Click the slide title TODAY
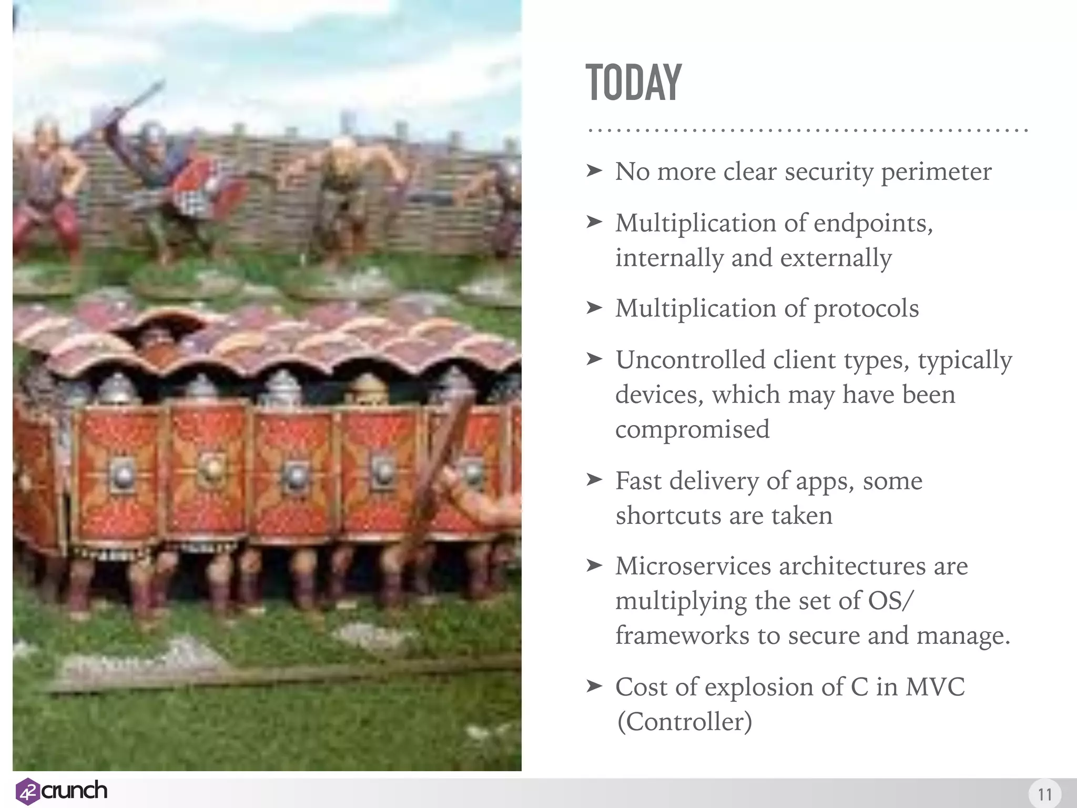point(633,83)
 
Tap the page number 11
point(1044,794)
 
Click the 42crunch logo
point(61,791)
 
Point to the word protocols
point(866,309)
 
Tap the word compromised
point(692,430)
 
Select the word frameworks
point(682,636)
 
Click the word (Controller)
point(684,722)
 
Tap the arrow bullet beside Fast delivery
point(594,480)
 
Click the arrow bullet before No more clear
point(594,170)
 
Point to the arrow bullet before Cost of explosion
point(594,686)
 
